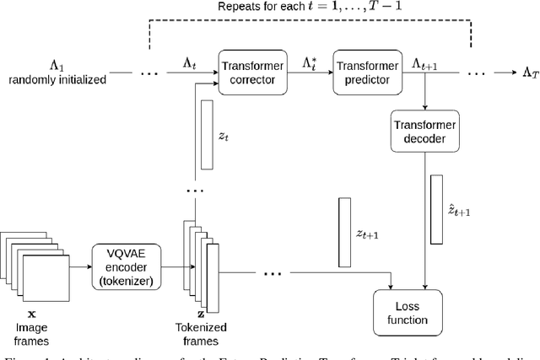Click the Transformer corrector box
[249, 70]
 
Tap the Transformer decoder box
[426, 132]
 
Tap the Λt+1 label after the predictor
[423, 63]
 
